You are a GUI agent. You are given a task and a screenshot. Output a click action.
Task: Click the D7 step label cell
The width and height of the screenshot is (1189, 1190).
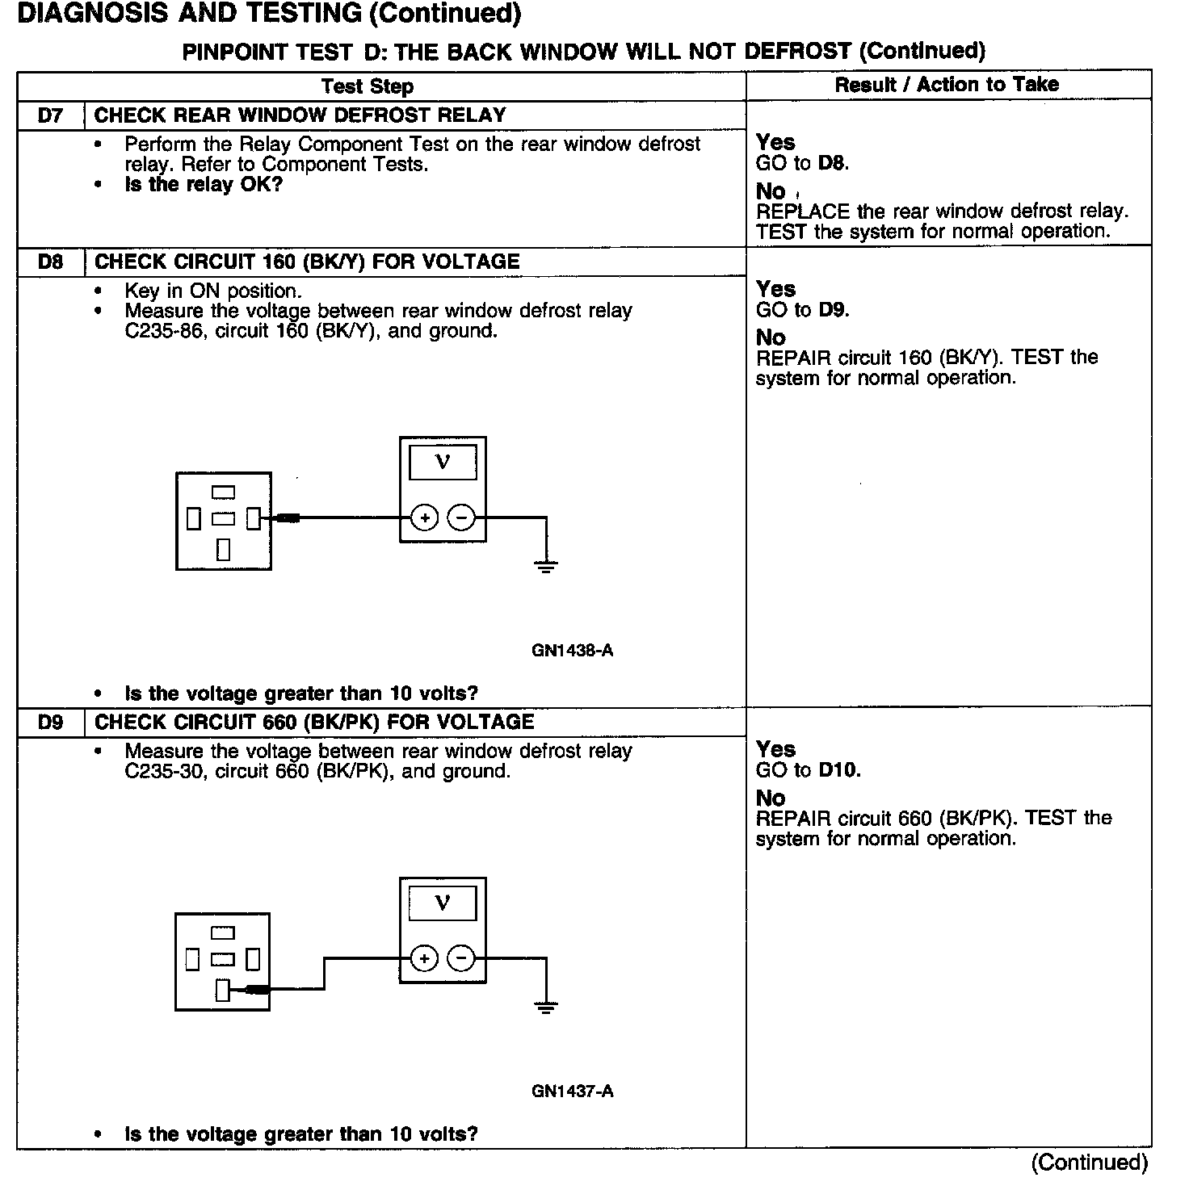[50, 115]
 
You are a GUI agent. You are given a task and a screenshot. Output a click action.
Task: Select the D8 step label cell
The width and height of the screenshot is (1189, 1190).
[50, 262]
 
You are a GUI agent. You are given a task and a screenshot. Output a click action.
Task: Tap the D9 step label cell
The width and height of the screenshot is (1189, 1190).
[50, 723]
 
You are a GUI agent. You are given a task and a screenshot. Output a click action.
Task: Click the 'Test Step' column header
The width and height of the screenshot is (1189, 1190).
[368, 86]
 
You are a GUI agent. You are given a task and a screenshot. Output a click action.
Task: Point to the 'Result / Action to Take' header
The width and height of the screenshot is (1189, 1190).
[947, 85]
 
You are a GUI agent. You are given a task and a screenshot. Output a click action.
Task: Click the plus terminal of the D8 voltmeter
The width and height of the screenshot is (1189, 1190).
[425, 517]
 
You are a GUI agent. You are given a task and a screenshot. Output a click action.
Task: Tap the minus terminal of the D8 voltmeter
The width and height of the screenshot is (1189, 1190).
[461, 517]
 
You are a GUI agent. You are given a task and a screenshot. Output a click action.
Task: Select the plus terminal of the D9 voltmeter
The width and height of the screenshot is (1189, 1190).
[425, 959]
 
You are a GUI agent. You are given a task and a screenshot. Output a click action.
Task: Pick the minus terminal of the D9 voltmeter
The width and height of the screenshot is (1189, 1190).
[461, 959]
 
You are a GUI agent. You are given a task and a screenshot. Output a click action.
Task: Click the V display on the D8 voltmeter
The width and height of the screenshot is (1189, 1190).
[443, 463]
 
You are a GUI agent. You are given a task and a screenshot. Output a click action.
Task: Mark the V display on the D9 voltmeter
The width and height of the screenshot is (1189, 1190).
[443, 903]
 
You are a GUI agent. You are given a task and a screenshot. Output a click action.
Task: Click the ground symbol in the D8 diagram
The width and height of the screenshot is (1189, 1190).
[546, 566]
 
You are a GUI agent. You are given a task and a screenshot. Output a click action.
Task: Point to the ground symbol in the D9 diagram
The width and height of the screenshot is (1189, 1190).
[546, 1007]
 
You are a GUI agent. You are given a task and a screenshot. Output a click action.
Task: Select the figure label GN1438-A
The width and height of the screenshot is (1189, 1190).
[572, 651]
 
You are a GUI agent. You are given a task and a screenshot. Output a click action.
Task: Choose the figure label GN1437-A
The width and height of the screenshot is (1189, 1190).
[572, 1092]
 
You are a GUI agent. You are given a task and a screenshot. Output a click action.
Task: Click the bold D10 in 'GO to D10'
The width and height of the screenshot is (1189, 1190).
[839, 770]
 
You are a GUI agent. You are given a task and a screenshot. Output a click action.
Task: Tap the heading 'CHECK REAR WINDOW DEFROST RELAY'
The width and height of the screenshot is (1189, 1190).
[300, 115]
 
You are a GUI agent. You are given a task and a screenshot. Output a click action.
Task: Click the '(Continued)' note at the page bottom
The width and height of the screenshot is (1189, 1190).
[1089, 1163]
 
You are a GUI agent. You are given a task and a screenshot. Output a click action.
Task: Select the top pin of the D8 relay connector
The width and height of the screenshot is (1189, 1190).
[223, 492]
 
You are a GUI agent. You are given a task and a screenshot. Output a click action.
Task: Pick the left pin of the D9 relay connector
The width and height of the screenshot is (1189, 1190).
[192, 959]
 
